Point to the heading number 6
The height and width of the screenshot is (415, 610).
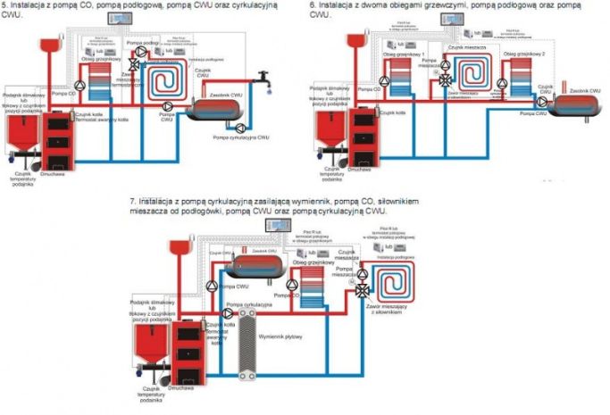tap(313, 5)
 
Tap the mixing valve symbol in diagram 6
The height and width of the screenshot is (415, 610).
tap(443, 79)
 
